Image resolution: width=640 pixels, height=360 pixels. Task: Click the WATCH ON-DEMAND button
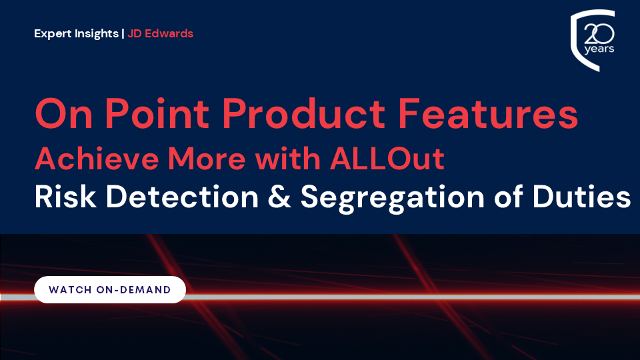[x=110, y=289]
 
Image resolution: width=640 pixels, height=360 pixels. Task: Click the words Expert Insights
[x=76, y=33]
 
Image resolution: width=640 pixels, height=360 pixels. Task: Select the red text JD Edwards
[x=161, y=33]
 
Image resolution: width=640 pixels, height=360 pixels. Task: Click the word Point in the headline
[x=157, y=113]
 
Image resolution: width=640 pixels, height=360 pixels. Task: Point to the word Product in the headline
[x=304, y=113]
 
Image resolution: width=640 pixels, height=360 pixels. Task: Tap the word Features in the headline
[x=488, y=113]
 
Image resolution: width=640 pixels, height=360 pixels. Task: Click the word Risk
[x=65, y=197]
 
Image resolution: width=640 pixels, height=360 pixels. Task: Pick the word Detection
[x=182, y=197]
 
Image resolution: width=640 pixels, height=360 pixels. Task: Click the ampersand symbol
[x=279, y=197]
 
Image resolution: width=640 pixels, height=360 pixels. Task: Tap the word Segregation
[x=392, y=199]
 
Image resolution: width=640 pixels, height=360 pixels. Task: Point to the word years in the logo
[x=599, y=49]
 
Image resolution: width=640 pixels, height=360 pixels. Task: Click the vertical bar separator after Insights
[x=123, y=33]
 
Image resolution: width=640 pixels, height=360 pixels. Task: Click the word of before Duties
[x=508, y=197]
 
